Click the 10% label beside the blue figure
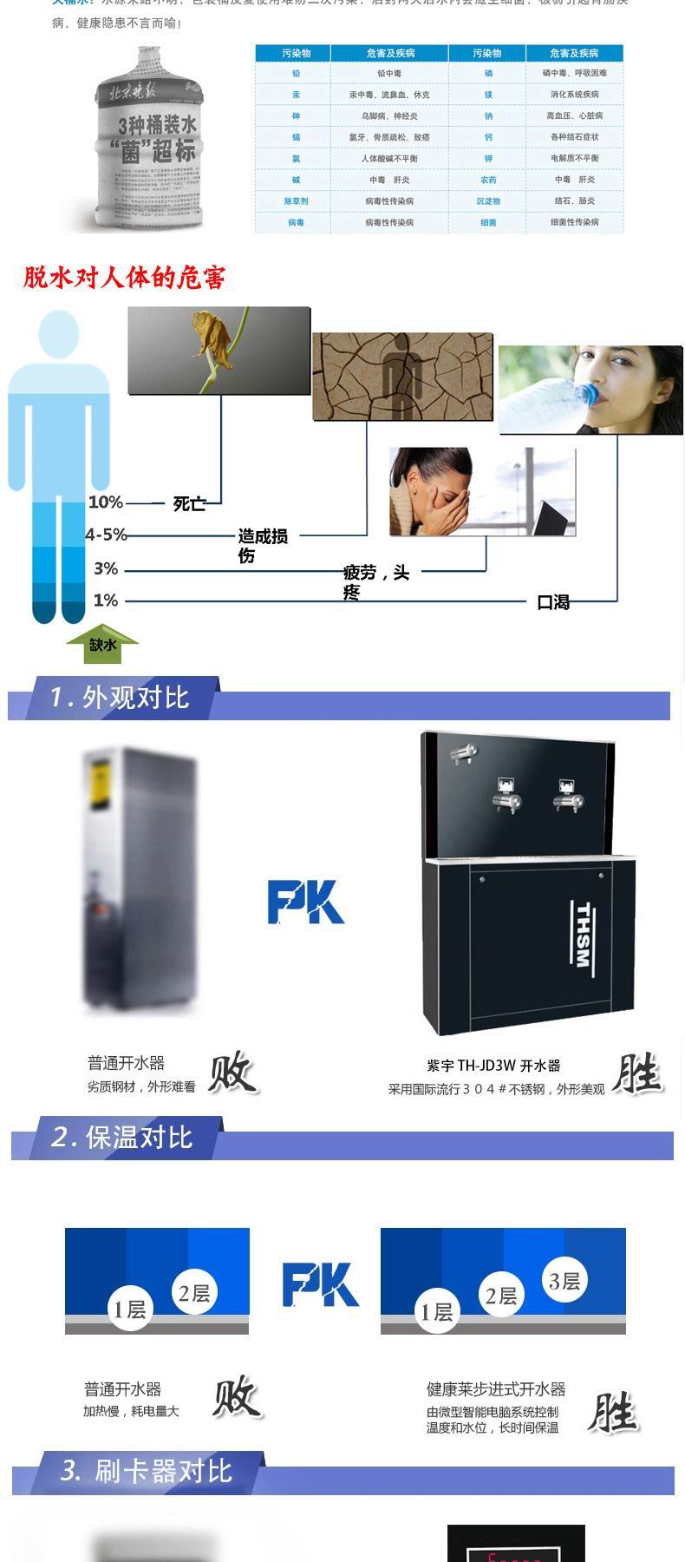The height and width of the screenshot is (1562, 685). (105, 502)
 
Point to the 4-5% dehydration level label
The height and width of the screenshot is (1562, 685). (106, 535)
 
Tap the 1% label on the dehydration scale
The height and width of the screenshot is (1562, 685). (105, 601)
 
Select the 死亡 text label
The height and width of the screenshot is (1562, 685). (189, 503)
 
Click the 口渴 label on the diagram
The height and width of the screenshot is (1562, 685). (553, 602)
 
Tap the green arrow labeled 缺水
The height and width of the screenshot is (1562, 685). (102, 645)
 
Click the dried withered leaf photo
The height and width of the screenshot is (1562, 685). (219, 350)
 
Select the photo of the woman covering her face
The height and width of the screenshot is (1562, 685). (481, 491)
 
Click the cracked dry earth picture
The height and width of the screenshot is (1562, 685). (402, 376)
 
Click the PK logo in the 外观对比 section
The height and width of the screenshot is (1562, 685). (305, 902)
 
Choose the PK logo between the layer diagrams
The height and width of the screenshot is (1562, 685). (320, 1285)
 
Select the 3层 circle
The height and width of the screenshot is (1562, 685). (564, 1281)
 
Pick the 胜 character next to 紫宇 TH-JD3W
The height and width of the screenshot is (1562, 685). (637, 1074)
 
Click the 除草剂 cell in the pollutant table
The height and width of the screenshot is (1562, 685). (296, 201)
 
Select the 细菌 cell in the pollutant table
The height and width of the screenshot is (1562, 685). (488, 223)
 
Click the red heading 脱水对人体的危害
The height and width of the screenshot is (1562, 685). (125, 278)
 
